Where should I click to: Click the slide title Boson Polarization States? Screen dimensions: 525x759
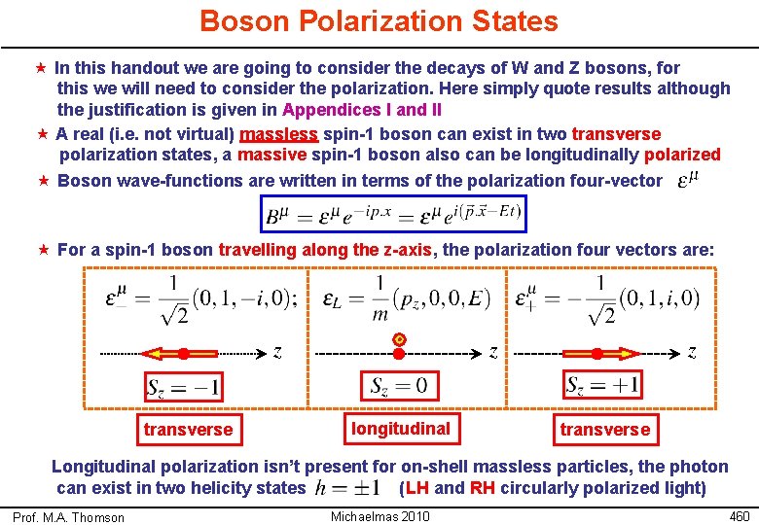(x=379, y=21)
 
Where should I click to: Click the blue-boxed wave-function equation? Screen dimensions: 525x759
(x=393, y=213)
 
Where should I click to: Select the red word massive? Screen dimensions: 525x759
(x=271, y=155)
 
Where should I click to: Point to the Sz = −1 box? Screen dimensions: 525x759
(x=183, y=387)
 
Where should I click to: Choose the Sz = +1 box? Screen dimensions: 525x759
(x=603, y=385)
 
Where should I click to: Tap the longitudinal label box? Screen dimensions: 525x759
(x=401, y=429)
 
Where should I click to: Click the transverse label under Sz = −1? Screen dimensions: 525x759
(x=188, y=430)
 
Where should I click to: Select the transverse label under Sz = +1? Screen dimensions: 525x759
(x=604, y=429)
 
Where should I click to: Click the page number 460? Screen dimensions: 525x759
(x=740, y=514)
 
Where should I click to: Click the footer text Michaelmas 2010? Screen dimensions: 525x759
(x=380, y=515)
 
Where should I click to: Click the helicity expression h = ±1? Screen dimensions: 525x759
(x=352, y=488)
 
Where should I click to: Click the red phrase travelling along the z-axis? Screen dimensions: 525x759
(x=325, y=250)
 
